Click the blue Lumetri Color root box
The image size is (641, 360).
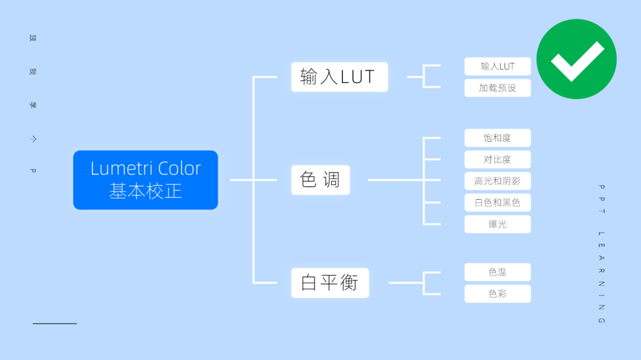145,180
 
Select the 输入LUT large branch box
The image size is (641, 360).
339,77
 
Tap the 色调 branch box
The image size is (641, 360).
320,180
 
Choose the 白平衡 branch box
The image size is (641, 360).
329,283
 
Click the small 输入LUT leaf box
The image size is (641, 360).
497,66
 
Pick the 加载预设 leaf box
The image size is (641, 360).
497,88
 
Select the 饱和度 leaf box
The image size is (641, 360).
497,138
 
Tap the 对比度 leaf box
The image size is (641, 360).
497,160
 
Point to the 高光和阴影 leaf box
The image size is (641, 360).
497,181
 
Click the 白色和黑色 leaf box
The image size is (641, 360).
497,202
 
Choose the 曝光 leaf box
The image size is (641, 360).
497,224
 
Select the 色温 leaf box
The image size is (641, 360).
497,272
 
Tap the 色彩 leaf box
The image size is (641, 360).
497,294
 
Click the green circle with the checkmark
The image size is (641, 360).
576,59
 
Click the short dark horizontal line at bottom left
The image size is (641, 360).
55,323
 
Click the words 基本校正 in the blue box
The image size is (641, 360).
145,191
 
